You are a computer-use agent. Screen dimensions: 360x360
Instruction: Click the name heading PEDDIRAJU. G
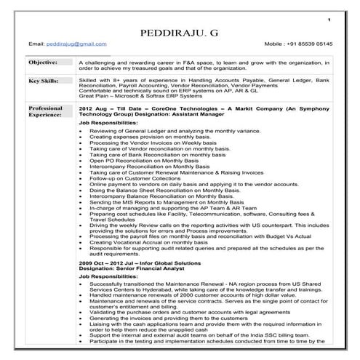pos(179,33)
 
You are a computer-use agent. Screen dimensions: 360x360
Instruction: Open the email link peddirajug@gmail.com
pos(69,44)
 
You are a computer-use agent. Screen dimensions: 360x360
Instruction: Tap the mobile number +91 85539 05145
pos(298,44)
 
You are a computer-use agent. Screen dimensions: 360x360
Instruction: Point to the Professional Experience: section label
pos(45,111)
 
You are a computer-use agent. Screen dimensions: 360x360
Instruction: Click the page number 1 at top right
pos(329,17)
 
